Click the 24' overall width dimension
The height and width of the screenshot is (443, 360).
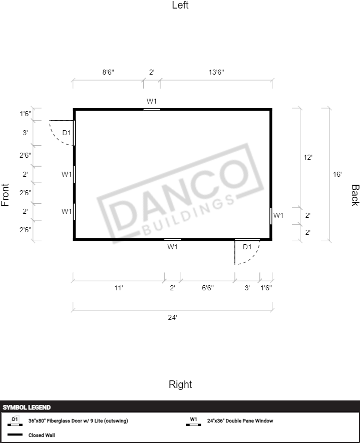172,317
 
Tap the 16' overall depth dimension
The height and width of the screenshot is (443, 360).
337,174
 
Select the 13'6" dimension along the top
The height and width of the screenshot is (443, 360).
216,72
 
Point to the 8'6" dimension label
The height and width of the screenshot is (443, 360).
108,72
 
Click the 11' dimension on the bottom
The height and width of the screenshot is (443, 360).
119,288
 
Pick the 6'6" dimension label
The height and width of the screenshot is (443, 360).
208,288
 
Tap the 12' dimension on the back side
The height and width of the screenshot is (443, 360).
308,157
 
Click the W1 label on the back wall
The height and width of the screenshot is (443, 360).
278,215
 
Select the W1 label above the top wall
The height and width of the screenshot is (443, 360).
152,101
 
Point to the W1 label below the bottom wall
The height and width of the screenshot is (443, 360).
172,247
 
